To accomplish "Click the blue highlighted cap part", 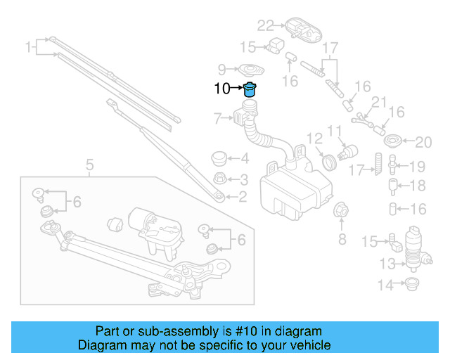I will [250, 89].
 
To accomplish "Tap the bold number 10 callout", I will [221, 89].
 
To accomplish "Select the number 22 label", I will [264, 26].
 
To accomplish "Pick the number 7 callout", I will [217, 117].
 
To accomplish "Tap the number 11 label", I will [335, 131].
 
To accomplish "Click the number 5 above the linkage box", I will [89, 166].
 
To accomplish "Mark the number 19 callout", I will [418, 167].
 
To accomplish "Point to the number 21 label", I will [380, 103].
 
